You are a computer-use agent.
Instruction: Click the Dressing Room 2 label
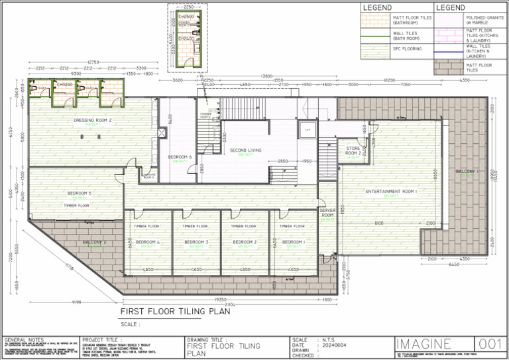92,120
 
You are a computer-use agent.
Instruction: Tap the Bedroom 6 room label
180,157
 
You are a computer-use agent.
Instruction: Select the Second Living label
246,150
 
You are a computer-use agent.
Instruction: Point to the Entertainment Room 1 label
390,192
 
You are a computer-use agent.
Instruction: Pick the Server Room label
327,213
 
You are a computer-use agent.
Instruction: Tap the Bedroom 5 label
80,194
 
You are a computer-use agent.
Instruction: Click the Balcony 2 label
95,243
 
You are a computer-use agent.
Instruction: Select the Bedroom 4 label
148,243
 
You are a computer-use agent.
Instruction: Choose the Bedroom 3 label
196,243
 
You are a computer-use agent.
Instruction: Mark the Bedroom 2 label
245,243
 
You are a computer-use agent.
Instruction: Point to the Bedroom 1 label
294,243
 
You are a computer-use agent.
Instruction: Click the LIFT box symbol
308,131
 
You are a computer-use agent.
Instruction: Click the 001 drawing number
490,343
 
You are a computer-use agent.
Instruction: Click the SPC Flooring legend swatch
375,48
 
